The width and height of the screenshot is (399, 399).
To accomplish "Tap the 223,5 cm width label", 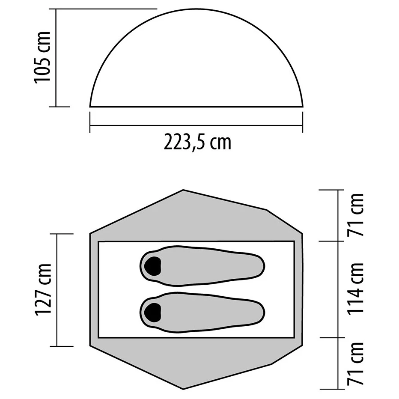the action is click(197, 142).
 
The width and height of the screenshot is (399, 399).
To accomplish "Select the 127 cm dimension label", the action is click(44, 290).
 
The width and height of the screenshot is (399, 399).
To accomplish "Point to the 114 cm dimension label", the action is click(356, 289).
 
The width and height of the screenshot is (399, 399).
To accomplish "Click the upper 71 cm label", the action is click(356, 215).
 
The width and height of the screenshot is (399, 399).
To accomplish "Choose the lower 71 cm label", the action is click(356, 363).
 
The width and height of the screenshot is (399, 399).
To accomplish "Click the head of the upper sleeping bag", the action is click(152, 266).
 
